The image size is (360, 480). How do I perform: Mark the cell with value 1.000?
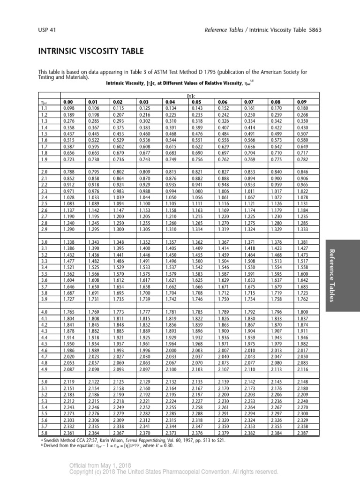196,204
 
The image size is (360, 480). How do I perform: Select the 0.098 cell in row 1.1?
68,108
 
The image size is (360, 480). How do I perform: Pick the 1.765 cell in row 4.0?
68,312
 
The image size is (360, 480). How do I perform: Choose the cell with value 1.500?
196,261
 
